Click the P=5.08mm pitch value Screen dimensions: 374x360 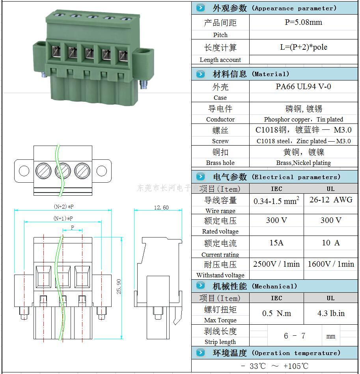[x=303, y=22]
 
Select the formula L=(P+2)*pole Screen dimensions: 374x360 [x=303, y=47]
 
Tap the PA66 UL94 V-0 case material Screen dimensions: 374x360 [x=303, y=86]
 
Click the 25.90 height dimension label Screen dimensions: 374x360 [x=119, y=287]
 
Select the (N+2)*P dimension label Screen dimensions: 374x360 [x=63, y=206]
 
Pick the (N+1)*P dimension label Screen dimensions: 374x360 [x=63, y=218]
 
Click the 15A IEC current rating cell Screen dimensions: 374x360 [x=276, y=243]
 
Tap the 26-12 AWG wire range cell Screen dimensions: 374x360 [x=330, y=200]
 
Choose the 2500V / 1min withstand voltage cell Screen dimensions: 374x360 [x=276, y=264]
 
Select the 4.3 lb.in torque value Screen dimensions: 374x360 [x=330, y=313]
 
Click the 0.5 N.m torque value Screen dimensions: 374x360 [x=276, y=313]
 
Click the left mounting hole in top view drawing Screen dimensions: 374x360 [x=24, y=171]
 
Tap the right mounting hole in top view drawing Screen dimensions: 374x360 [x=101, y=171]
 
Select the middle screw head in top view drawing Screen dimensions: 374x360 [x=62, y=171]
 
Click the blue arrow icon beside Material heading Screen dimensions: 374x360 [x=201, y=74]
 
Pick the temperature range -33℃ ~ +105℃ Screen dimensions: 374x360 [x=275, y=366]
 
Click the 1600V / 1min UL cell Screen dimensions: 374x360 [x=330, y=264]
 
